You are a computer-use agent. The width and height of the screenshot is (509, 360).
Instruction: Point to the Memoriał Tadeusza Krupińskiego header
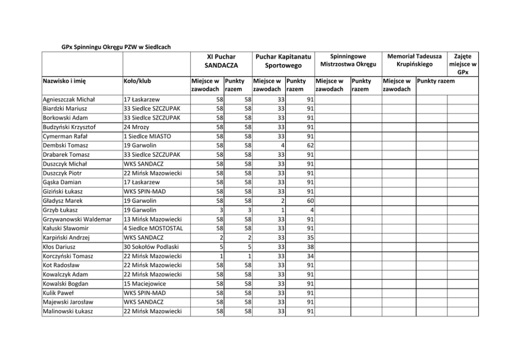coord(414,60)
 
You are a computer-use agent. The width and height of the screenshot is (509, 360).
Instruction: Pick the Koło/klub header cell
coord(138,81)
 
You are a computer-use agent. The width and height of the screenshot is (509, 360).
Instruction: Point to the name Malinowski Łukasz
coord(67,311)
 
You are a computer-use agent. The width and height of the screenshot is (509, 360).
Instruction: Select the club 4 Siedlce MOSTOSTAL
coord(153,228)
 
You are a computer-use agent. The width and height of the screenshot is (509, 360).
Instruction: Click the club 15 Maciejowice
coord(146,284)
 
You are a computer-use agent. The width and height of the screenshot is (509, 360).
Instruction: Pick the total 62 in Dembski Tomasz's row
coord(310,146)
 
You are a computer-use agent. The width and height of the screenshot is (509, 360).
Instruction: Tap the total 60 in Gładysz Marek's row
coord(310,201)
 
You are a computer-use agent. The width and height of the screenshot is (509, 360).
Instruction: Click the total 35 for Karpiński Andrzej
coord(310,237)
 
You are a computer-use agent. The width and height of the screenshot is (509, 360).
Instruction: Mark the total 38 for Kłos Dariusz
coord(310,247)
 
